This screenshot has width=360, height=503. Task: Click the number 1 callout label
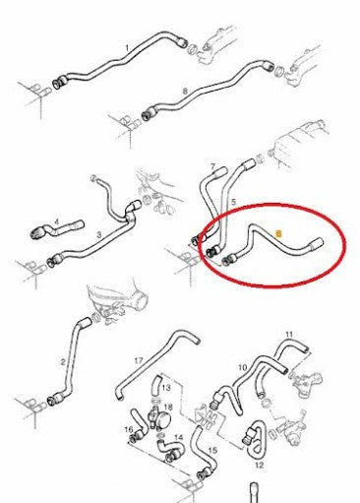coord(127,47)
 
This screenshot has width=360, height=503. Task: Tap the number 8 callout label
coord(185,90)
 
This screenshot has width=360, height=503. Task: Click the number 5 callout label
coord(232,201)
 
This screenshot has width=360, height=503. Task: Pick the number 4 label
coord(57,222)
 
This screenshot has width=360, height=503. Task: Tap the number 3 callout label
coord(99,237)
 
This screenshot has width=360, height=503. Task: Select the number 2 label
coord(63,363)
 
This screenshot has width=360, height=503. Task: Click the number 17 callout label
coord(139,360)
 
